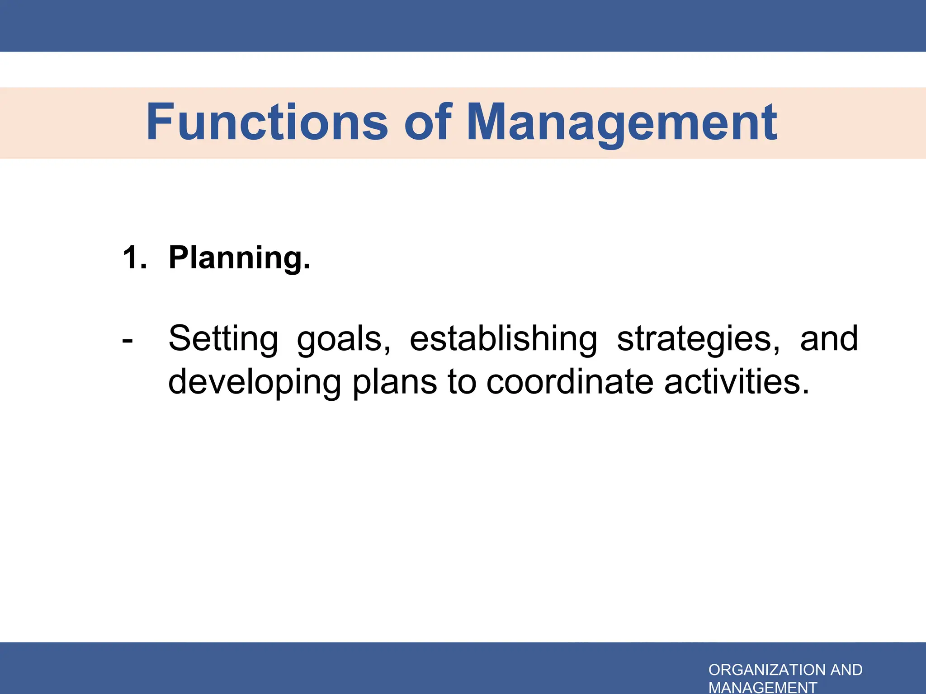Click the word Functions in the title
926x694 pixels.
267,122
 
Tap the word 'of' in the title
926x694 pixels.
427,122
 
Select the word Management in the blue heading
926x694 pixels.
622,123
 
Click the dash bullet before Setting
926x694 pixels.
128,340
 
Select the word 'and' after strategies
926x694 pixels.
829,338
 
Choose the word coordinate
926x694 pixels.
570,382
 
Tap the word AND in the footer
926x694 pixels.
846,670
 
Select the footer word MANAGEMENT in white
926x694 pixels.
763,687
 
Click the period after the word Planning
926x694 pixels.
307,267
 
